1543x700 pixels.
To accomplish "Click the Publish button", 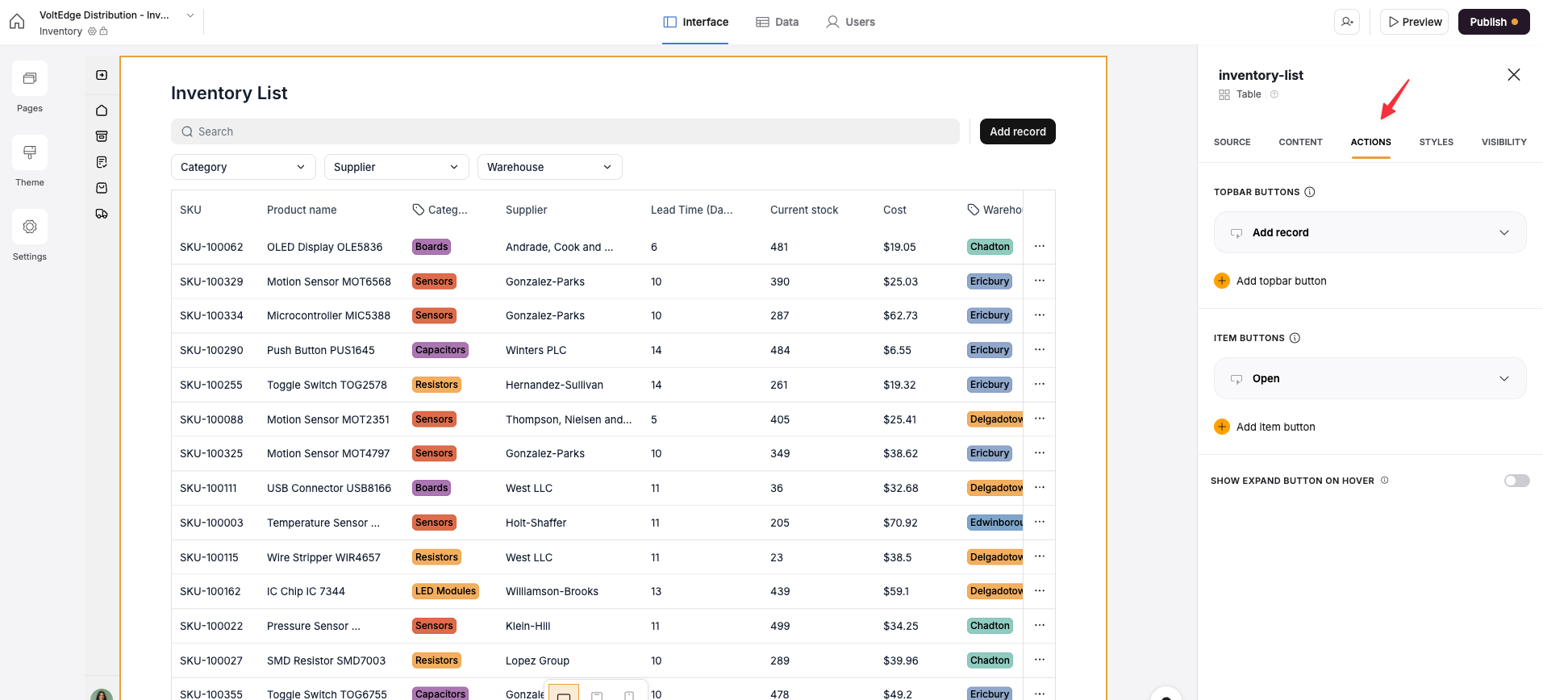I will tap(1493, 22).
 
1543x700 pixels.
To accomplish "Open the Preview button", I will tap(1415, 22).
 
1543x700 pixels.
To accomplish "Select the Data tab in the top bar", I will tap(778, 22).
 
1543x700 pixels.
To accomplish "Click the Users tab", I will tap(851, 22).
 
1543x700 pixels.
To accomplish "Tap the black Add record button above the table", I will tap(1017, 131).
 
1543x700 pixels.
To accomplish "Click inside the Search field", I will tap(565, 131).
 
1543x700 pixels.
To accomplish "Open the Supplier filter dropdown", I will tap(396, 167).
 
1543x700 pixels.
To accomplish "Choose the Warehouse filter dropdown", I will tap(549, 167).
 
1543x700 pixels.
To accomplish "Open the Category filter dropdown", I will tap(243, 167).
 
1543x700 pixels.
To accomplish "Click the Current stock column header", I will tap(804, 210).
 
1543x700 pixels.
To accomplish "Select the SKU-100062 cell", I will tap(211, 247).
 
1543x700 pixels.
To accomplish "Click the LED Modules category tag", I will tap(445, 591).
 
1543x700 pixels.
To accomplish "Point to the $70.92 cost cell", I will tap(900, 523).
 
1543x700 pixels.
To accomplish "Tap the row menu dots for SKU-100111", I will tap(1040, 488).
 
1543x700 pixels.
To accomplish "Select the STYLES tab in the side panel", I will tap(1436, 142).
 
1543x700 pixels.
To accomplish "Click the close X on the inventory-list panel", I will tap(1513, 75).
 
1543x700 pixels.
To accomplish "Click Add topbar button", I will tap(1281, 281).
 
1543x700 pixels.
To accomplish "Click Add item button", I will tap(1275, 427).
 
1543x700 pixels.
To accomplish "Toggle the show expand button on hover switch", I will tap(1516, 481).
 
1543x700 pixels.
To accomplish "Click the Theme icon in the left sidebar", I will tap(30, 153).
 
